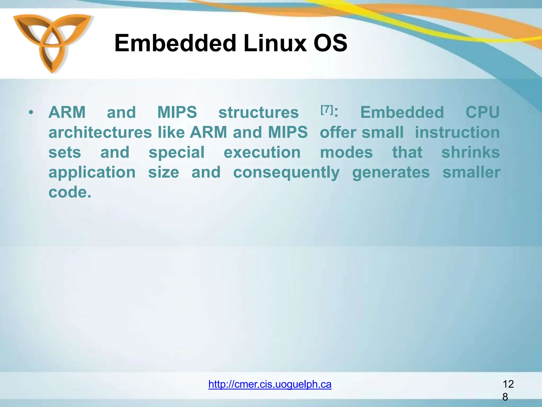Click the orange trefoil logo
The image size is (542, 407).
pyautogui.click(x=52, y=42)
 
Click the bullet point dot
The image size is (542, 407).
pyautogui.click(x=31, y=113)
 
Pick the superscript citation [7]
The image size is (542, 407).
pyautogui.click(x=327, y=109)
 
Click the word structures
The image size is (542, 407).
pyautogui.click(x=258, y=113)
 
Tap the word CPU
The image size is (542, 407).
pyautogui.click(x=482, y=112)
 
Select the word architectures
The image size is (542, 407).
pyautogui.click(x=100, y=132)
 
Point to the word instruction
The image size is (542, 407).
pyautogui.click(x=457, y=132)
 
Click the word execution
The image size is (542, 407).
pyautogui.click(x=262, y=153)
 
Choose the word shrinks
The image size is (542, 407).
pyautogui.click(x=470, y=152)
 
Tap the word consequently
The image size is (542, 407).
pyautogui.click(x=286, y=173)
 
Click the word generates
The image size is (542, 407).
pyautogui.click(x=391, y=173)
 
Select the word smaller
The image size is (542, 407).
pyautogui.click(x=471, y=172)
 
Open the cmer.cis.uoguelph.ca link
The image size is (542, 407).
pyautogui.click(x=270, y=384)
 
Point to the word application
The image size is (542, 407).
pyautogui.click(x=92, y=173)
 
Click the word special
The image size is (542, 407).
pyautogui.click(x=176, y=153)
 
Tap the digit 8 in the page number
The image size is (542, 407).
pyautogui.click(x=505, y=397)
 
